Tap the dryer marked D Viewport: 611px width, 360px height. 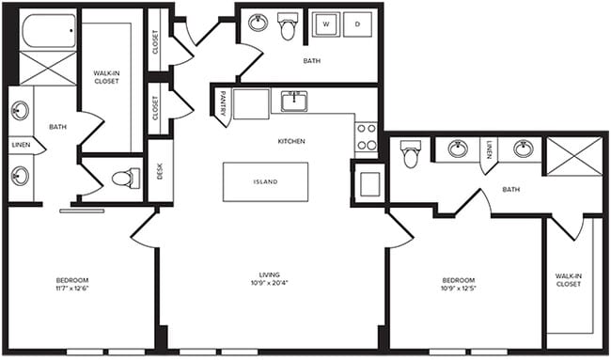point(358,24)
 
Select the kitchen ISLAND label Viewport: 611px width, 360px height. point(266,181)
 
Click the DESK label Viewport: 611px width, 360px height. point(161,170)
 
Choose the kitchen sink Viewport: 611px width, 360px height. point(294,102)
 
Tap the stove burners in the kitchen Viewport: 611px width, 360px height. point(366,137)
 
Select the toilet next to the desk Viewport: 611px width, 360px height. point(125,178)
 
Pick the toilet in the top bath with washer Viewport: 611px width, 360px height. point(288,26)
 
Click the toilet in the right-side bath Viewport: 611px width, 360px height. point(411,153)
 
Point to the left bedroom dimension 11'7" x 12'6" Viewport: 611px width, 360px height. point(72,289)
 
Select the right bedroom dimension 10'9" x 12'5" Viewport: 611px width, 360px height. point(459,289)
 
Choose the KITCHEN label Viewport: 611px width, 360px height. point(291,141)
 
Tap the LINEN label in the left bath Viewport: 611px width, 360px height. point(21,145)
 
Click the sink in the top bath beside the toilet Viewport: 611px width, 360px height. point(257,23)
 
